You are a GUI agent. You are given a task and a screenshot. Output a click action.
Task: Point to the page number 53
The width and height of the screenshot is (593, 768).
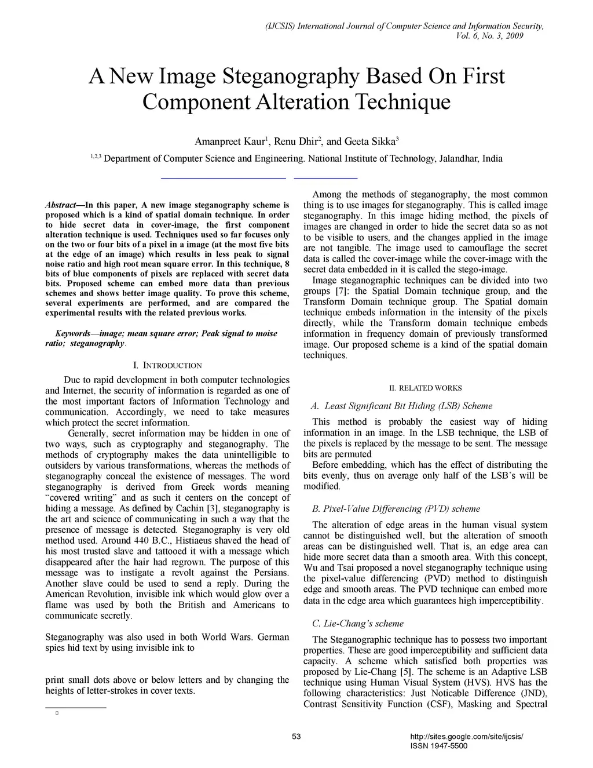pos(296,737)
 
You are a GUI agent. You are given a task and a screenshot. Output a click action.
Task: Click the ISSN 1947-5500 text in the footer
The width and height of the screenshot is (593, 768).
pos(438,746)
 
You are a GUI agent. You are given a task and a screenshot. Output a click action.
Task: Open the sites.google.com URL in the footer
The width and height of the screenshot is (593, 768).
pos(466,737)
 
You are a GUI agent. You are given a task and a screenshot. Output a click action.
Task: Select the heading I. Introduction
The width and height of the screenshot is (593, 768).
pos(167,365)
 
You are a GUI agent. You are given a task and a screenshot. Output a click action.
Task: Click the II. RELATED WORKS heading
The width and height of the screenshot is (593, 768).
pos(426,388)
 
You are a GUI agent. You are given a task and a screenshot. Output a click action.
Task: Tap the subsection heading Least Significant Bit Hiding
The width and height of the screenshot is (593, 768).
pos(408,406)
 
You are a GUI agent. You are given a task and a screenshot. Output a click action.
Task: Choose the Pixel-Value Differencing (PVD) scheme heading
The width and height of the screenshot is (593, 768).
pos(396,508)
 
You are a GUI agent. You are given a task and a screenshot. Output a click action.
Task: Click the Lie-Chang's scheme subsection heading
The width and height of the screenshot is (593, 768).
pos(357,623)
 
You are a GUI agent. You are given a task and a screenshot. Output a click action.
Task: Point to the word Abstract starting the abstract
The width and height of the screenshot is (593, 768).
pos(60,205)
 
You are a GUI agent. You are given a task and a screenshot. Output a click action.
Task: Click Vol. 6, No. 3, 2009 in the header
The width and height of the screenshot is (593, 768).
pos(490,36)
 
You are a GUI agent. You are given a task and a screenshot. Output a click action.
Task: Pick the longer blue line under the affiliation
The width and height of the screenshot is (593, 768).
pos(224,177)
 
